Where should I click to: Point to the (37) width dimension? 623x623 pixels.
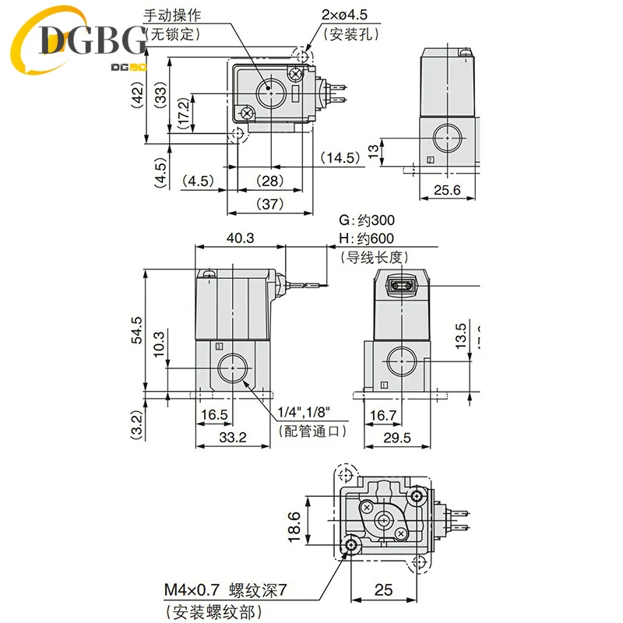tap(270, 203)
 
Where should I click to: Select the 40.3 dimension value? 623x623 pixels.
tap(240, 238)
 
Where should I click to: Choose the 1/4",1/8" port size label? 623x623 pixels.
tap(308, 414)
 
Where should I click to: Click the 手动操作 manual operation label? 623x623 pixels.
tap(171, 15)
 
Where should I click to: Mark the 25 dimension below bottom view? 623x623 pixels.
tap(383, 590)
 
